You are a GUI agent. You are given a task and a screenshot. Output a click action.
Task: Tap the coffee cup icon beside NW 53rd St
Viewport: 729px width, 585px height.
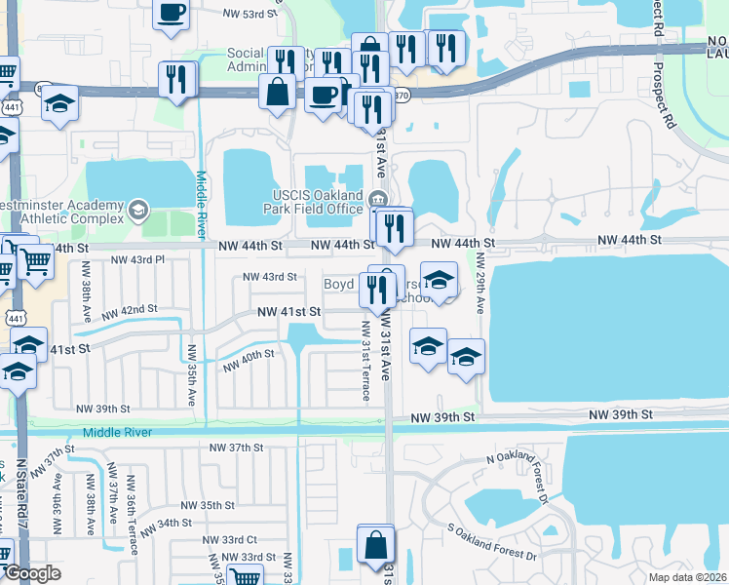(173, 14)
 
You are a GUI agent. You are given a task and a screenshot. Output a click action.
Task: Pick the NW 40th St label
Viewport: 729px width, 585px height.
(249, 362)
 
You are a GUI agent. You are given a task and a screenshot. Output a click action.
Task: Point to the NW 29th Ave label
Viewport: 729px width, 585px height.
(480, 284)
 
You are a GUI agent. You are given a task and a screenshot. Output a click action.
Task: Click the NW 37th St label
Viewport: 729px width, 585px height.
(237, 448)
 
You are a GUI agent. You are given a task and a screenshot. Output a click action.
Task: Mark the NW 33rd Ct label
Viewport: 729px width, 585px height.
(229, 539)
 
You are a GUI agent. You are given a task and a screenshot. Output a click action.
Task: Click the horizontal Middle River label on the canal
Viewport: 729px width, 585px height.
(118, 431)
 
